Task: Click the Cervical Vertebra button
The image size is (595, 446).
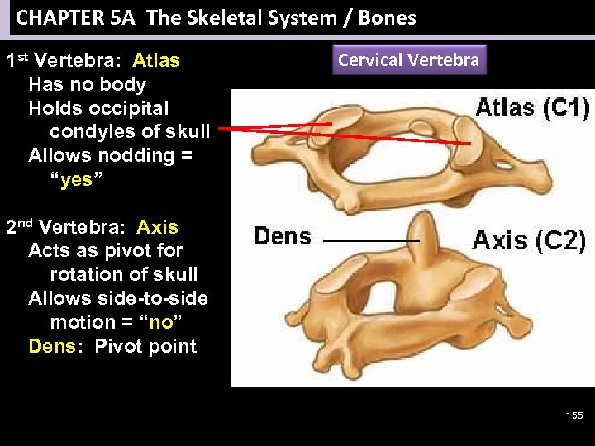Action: point(408,60)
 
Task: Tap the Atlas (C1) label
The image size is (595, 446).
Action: point(531,107)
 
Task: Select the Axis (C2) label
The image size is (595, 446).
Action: point(529,240)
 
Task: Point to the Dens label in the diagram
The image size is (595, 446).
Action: point(282,237)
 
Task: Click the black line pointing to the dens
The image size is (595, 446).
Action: point(369,240)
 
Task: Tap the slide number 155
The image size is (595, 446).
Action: point(574,415)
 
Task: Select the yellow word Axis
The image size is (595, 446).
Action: point(157,227)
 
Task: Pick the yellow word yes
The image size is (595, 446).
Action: point(76,179)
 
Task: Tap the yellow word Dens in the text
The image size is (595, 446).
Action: point(52,346)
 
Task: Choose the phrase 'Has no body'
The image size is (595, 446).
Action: point(87,84)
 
